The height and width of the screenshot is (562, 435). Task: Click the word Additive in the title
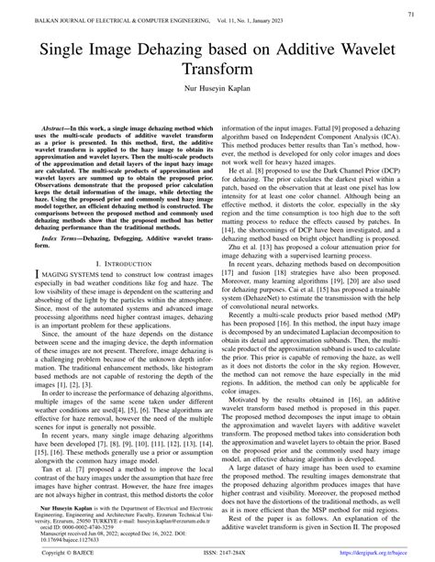pos(302,51)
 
